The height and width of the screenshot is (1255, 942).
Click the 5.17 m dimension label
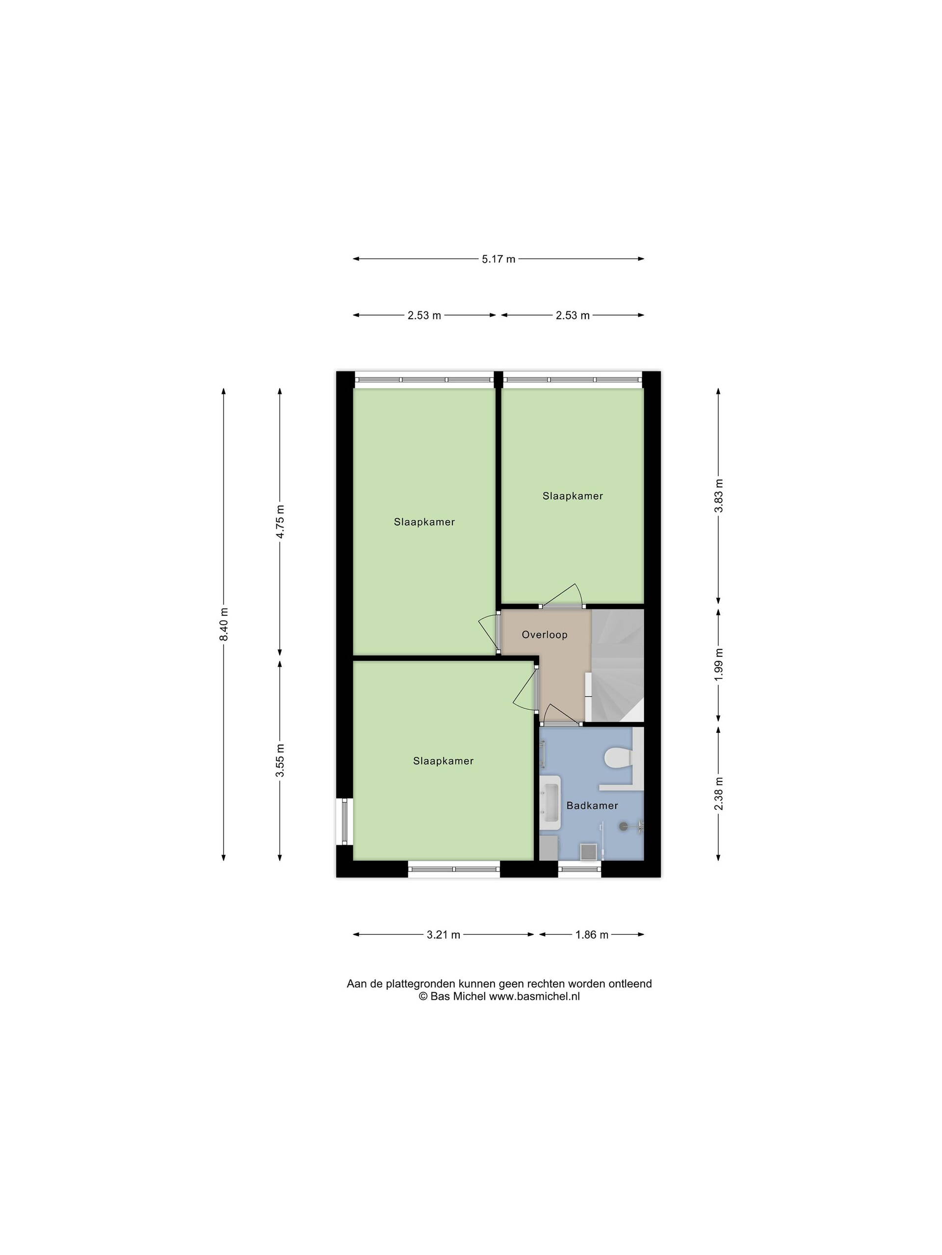pyautogui.click(x=498, y=259)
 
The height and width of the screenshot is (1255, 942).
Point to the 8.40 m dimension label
pyautogui.click(x=224, y=624)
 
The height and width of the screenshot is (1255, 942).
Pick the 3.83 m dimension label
pyautogui.click(x=718, y=495)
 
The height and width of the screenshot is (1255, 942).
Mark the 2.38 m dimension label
pyautogui.click(x=718, y=793)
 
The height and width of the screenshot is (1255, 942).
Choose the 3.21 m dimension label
pyautogui.click(x=444, y=934)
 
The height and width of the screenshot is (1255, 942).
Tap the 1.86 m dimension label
pyautogui.click(x=592, y=934)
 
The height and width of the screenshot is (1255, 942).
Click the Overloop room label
pyautogui.click(x=545, y=634)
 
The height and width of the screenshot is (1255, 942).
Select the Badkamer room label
pyautogui.click(x=592, y=805)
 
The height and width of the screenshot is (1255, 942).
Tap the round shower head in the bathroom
pyautogui.click(x=625, y=826)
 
